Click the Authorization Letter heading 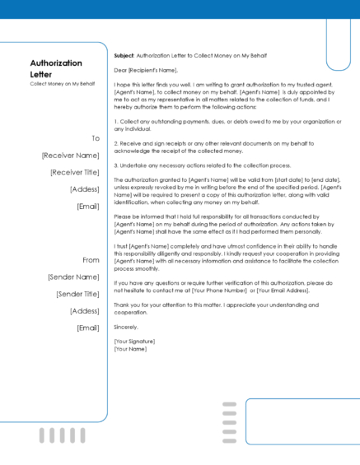coord(56,68)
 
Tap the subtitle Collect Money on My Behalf coord(56,83)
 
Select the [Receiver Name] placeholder coord(70,155)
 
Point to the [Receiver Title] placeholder coord(74,172)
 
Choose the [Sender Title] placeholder coord(77,294)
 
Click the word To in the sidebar coord(95,138)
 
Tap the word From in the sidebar coord(91,260)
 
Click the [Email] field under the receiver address coord(87,206)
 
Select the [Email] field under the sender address coord(87,328)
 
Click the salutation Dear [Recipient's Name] coord(147,71)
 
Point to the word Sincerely coord(125,327)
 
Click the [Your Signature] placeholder coord(134,341)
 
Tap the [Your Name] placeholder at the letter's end coord(130,348)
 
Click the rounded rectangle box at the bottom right coord(302,421)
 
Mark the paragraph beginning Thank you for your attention coord(226,309)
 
